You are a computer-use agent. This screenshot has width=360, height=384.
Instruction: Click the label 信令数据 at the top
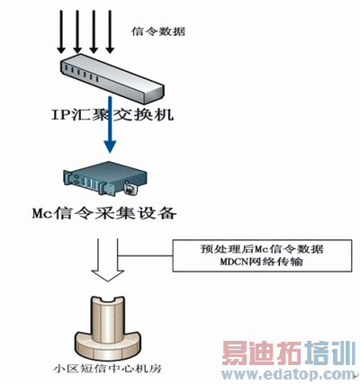[158, 31]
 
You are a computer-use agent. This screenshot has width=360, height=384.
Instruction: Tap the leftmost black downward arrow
[61, 31]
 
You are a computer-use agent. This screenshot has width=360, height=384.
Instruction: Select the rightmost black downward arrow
[110, 31]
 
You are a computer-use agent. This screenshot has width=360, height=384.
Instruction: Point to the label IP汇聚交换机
[112, 115]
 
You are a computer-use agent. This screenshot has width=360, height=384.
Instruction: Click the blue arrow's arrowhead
[110, 146]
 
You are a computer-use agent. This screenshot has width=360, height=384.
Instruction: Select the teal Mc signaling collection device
[105, 179]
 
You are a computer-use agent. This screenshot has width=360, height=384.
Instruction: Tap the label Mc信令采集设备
[104, 213]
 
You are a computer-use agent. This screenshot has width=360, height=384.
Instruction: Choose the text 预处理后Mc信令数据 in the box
[262, 249]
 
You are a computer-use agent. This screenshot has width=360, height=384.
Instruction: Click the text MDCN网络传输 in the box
[262, 262]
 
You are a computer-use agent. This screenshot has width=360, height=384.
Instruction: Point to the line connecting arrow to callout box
[146, 255]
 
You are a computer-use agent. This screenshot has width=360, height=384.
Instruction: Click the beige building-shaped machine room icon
[107, 328]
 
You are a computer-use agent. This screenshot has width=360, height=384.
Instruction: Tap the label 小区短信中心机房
[107, 368]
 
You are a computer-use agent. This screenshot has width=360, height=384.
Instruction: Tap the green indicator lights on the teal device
[76, 180]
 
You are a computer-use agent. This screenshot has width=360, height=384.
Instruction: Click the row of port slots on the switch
[81, 74]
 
